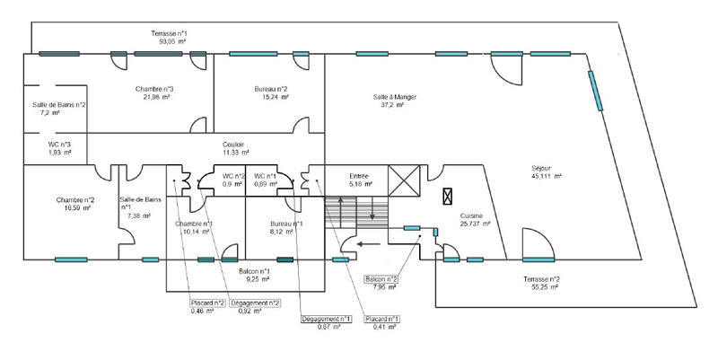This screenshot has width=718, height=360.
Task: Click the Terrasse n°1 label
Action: coord(169,33)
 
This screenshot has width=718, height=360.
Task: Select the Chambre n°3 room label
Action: coord(155,89)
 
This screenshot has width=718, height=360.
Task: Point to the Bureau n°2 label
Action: coord(269,89)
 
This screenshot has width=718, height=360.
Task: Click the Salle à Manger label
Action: coord(396,97)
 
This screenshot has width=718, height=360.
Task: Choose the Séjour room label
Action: coord(547,167)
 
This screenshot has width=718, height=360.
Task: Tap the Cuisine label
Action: coord(473,216)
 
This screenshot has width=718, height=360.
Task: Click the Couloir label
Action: coord(234,145)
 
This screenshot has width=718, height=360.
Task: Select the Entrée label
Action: coord(335,176)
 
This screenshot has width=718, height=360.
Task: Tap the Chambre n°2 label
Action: coord(75,199)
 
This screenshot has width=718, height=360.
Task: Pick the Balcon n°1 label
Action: coord(256,271)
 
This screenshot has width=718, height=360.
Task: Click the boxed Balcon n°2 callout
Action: coord(382,279)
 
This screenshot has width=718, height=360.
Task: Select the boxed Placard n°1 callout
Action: coord(382,319)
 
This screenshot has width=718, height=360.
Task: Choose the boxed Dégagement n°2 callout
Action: coord(256,303)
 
